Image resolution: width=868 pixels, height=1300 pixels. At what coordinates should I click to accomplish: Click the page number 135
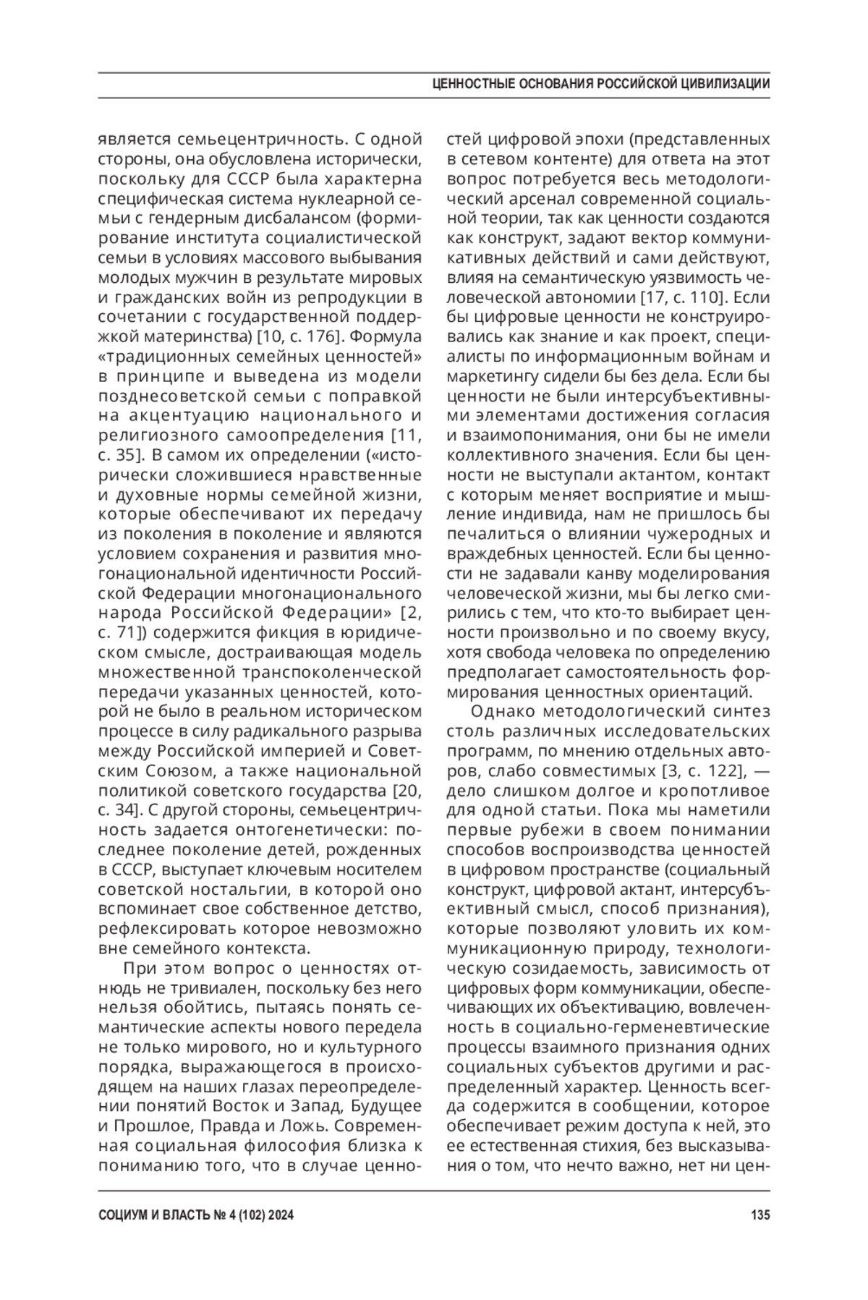760,1216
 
